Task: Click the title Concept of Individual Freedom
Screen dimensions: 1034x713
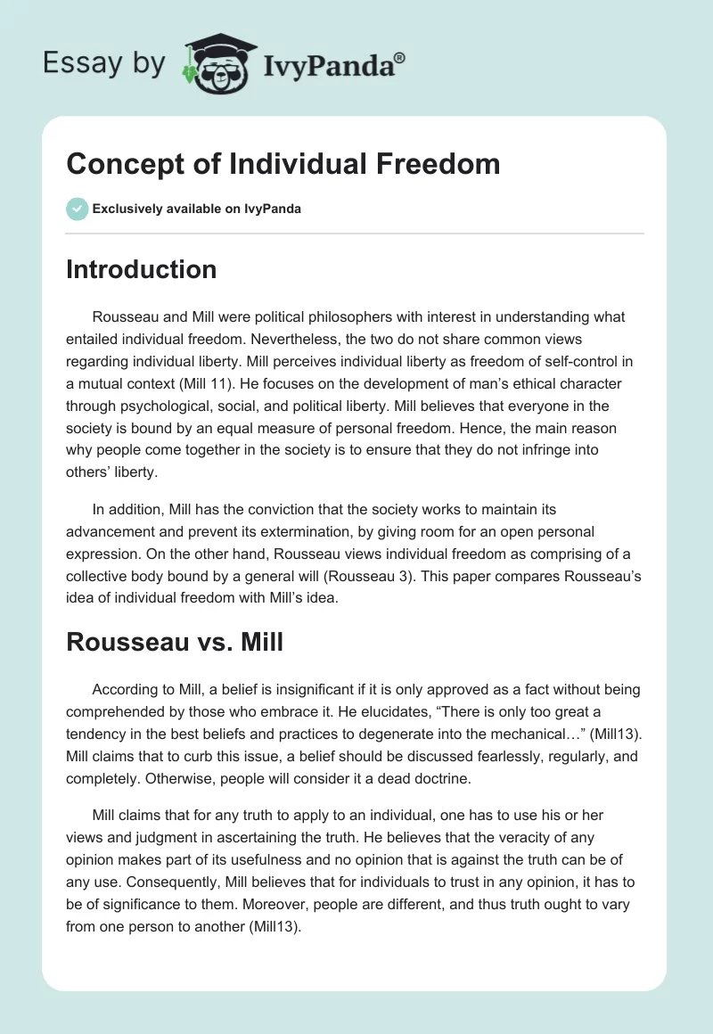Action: tap(283, 165)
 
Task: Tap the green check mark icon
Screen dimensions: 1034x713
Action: tap(76, 209)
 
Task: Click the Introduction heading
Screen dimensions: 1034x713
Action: tap(141, 270)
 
